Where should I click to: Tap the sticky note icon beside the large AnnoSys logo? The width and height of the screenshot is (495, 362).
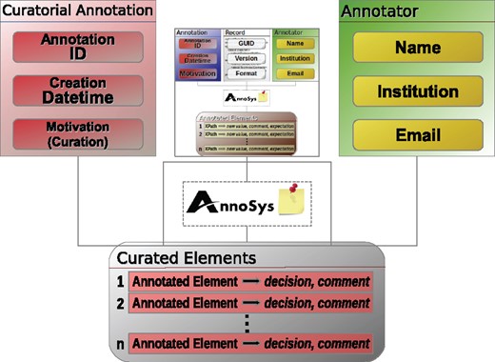[291, 203]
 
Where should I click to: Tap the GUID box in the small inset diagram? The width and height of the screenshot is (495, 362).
[246, 43]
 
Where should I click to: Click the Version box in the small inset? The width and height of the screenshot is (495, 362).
[246, 58]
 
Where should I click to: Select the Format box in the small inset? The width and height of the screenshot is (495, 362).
[246, 72]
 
